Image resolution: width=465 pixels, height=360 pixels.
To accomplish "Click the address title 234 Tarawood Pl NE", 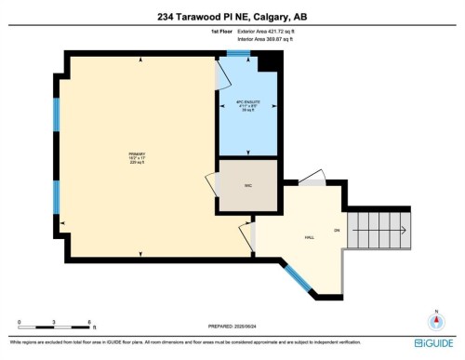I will [x=232, y=16].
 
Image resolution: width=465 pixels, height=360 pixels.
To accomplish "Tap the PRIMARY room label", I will [x=139, y=155].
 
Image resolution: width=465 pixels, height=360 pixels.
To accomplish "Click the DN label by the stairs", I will [x=337, y=230].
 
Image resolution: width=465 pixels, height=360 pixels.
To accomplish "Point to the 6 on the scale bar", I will [x=89, y=322].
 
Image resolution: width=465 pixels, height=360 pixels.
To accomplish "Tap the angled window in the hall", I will [x=297, y=276].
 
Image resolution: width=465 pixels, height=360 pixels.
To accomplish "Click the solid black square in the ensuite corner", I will [x=269, y=61].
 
